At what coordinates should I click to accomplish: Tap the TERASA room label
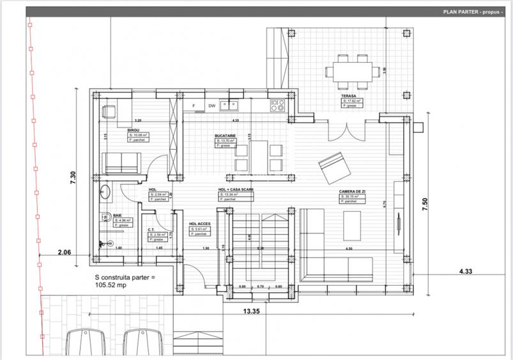(349, 95)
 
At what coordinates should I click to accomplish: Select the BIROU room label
(134, 130)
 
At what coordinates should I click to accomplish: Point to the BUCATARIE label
(226, 136)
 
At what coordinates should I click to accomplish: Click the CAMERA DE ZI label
(352, 191)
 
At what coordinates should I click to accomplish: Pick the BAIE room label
(118, 215)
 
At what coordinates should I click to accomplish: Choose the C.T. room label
(152, 230)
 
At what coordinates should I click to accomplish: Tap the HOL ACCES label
(200, 224)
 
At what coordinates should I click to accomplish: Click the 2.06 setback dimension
(65, 253)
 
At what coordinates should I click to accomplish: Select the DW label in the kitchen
(211, 106)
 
